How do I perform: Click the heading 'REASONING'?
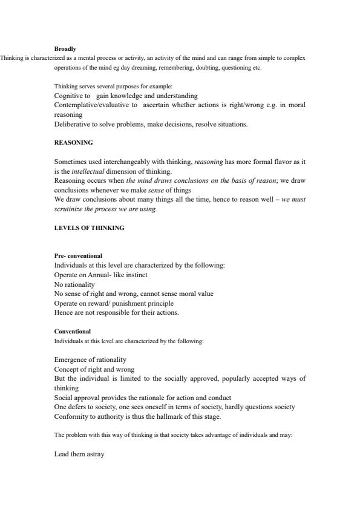(x=74, y=143)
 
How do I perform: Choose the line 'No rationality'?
(x=74, y=284)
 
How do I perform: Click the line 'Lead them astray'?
(x=79, y=453)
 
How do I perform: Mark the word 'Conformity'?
(x=70, y=416)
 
